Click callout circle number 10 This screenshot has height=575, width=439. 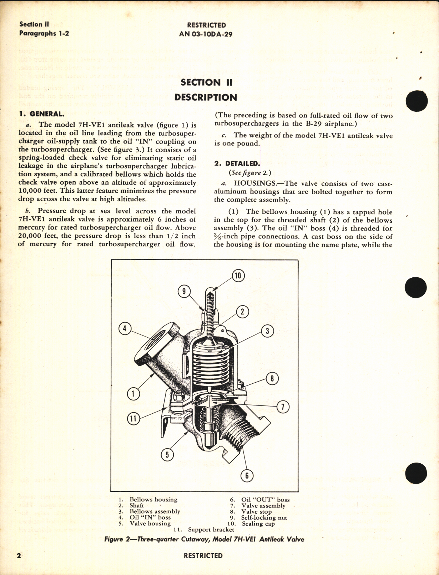[238, 276]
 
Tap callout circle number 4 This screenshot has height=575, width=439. [125, 328]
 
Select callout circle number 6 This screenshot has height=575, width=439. [247, 475]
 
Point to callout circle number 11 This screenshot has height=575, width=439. [133, 418]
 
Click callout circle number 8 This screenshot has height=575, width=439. [272, 378]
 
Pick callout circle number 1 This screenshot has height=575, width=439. [133, 394]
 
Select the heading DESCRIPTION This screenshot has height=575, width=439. [206, 97]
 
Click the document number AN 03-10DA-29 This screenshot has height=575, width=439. [206, 34]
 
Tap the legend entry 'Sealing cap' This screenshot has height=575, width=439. [258, 524]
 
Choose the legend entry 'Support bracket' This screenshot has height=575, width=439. [211, 530]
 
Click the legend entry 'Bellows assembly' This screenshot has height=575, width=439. [155, 511]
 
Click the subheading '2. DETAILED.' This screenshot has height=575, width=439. [237, 163]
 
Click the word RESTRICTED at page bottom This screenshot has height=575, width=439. [203, 556]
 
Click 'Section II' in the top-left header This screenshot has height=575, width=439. [34, 24]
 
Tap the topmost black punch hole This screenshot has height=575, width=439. [417, 101]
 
